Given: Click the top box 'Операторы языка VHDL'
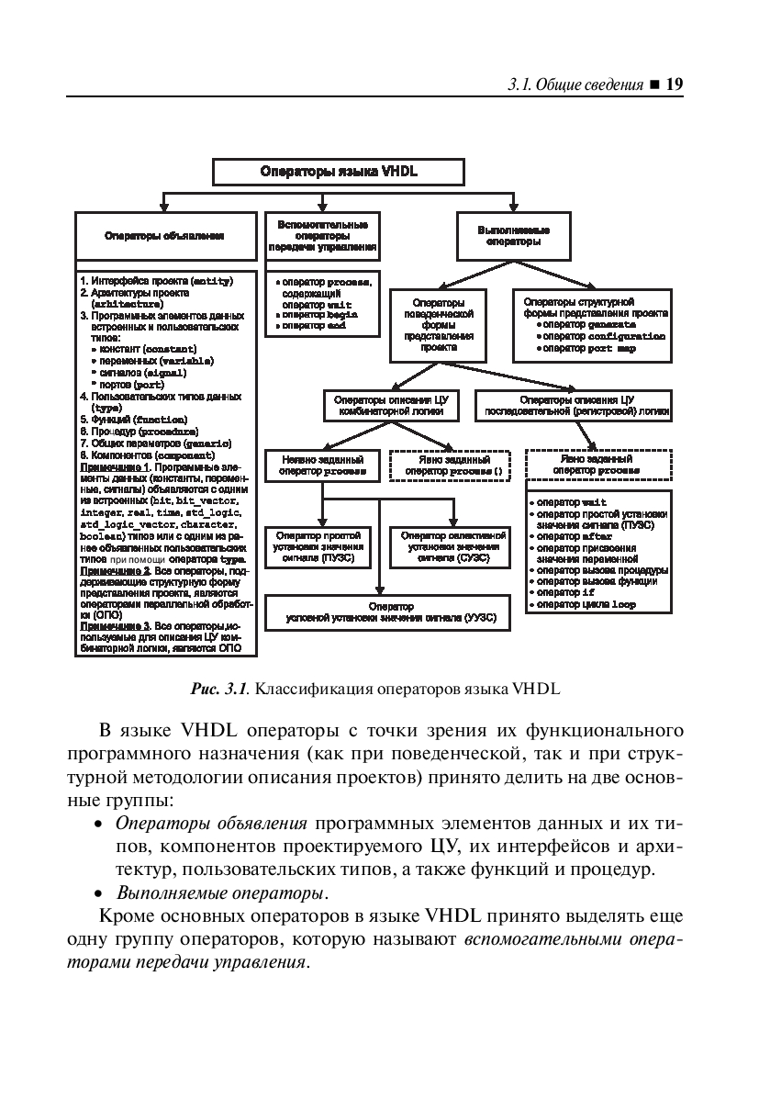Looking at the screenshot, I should (339, 172).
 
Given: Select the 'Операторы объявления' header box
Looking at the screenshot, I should (165, 236).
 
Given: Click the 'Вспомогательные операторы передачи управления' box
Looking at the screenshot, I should (322, 236).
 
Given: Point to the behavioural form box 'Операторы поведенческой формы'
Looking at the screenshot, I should (431, 324).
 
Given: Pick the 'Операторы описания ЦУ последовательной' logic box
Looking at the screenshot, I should (572, 406).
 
